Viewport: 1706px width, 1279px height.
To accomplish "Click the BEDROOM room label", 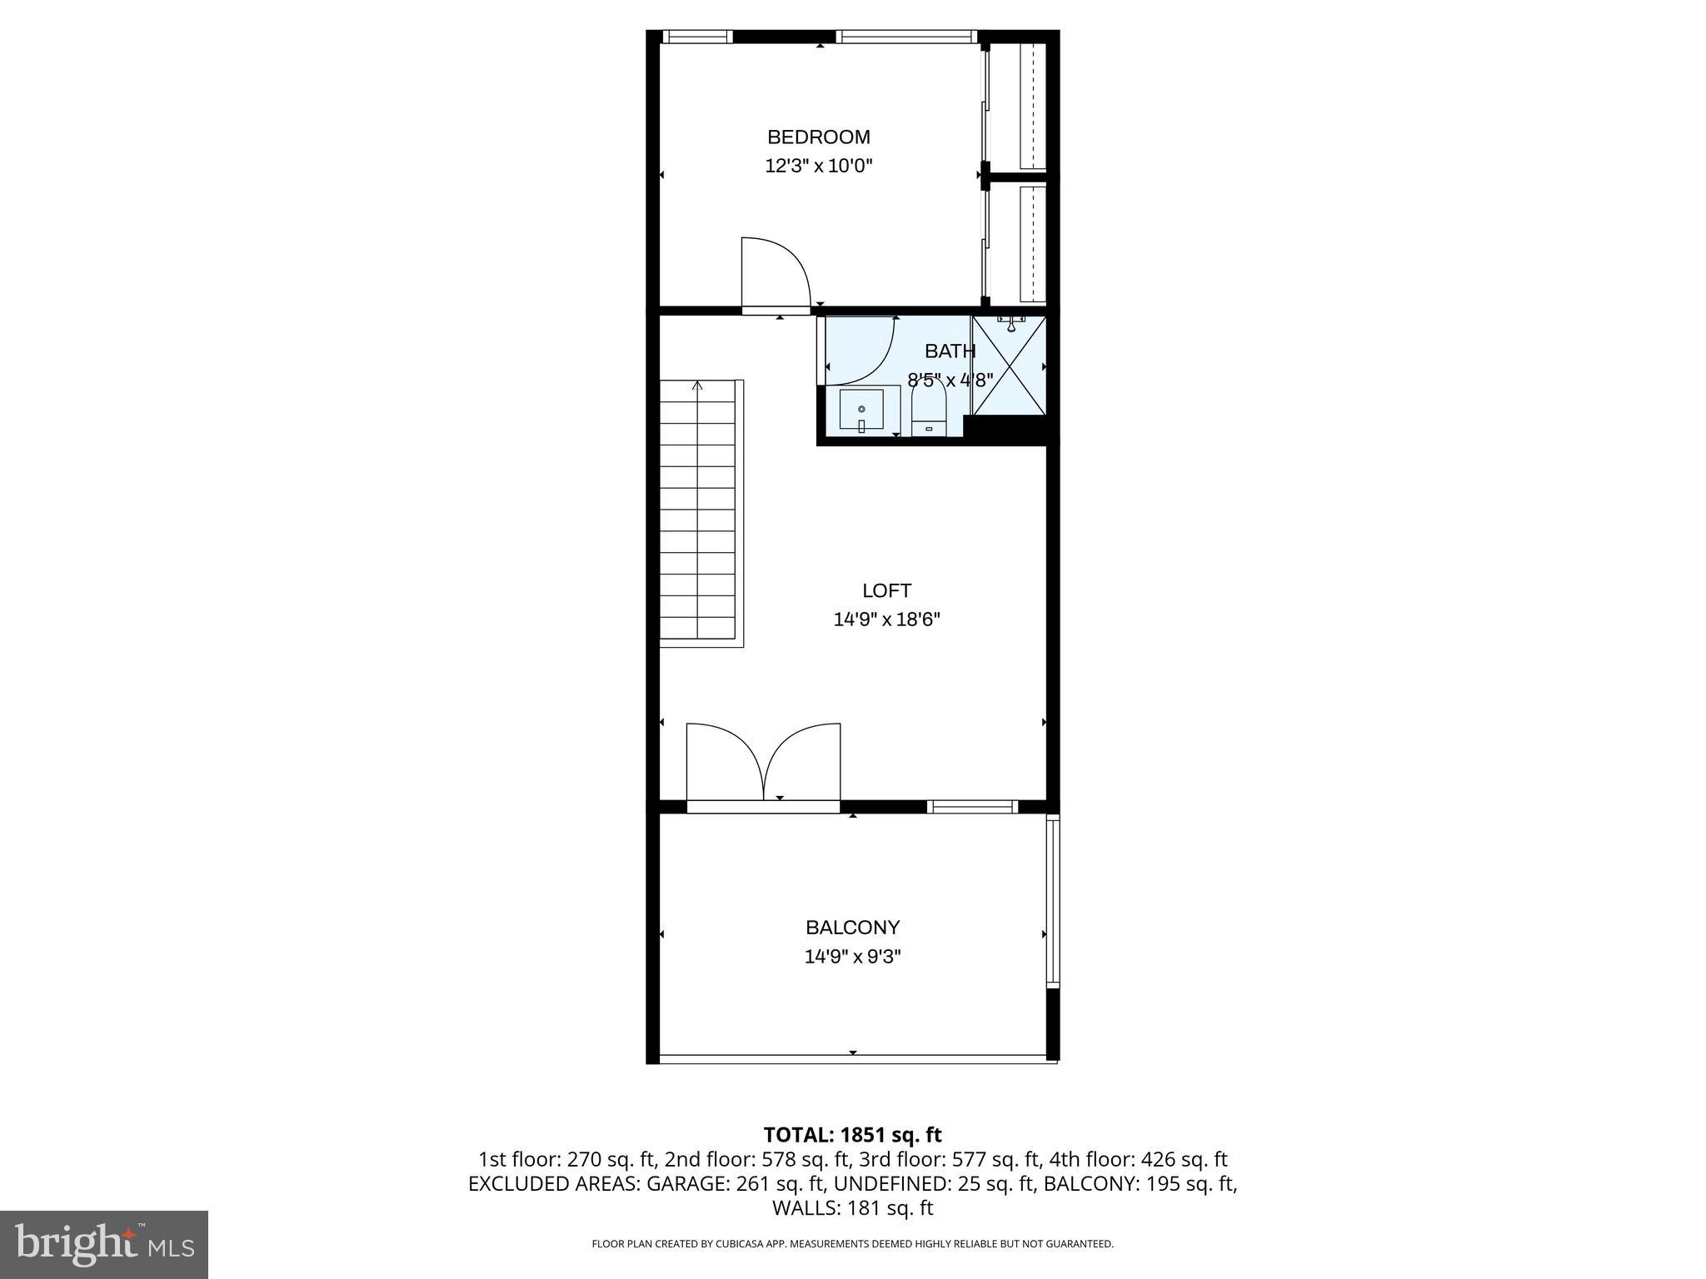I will [x=818, y=137].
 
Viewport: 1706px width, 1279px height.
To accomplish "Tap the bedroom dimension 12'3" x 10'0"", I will [x=818, y=166].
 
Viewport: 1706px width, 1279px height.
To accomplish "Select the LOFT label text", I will [x=886, y=591].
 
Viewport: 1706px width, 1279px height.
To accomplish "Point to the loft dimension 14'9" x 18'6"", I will [x=886, y=620].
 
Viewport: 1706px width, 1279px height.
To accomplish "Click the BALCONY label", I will [x=852, y=928].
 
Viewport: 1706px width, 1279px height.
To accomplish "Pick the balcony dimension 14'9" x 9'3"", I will [x=852, y=957].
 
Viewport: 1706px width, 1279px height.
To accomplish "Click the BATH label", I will [x=950, y=351].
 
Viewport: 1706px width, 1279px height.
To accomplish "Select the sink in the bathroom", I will [x=861, y=410].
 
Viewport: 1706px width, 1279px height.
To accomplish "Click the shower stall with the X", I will [x=1009, y=365].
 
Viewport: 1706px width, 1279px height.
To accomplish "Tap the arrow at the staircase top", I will [x=697, y=386].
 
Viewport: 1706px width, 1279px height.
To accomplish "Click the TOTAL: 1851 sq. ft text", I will [x=852, y=1135].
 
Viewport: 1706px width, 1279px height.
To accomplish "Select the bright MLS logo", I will [x=104, y=1245].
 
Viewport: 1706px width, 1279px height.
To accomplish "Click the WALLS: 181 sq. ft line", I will [x=852, y=1208].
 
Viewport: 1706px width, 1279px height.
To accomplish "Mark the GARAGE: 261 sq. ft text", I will [x=736, y=1184].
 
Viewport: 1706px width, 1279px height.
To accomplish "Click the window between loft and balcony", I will [x=972, y=806].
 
